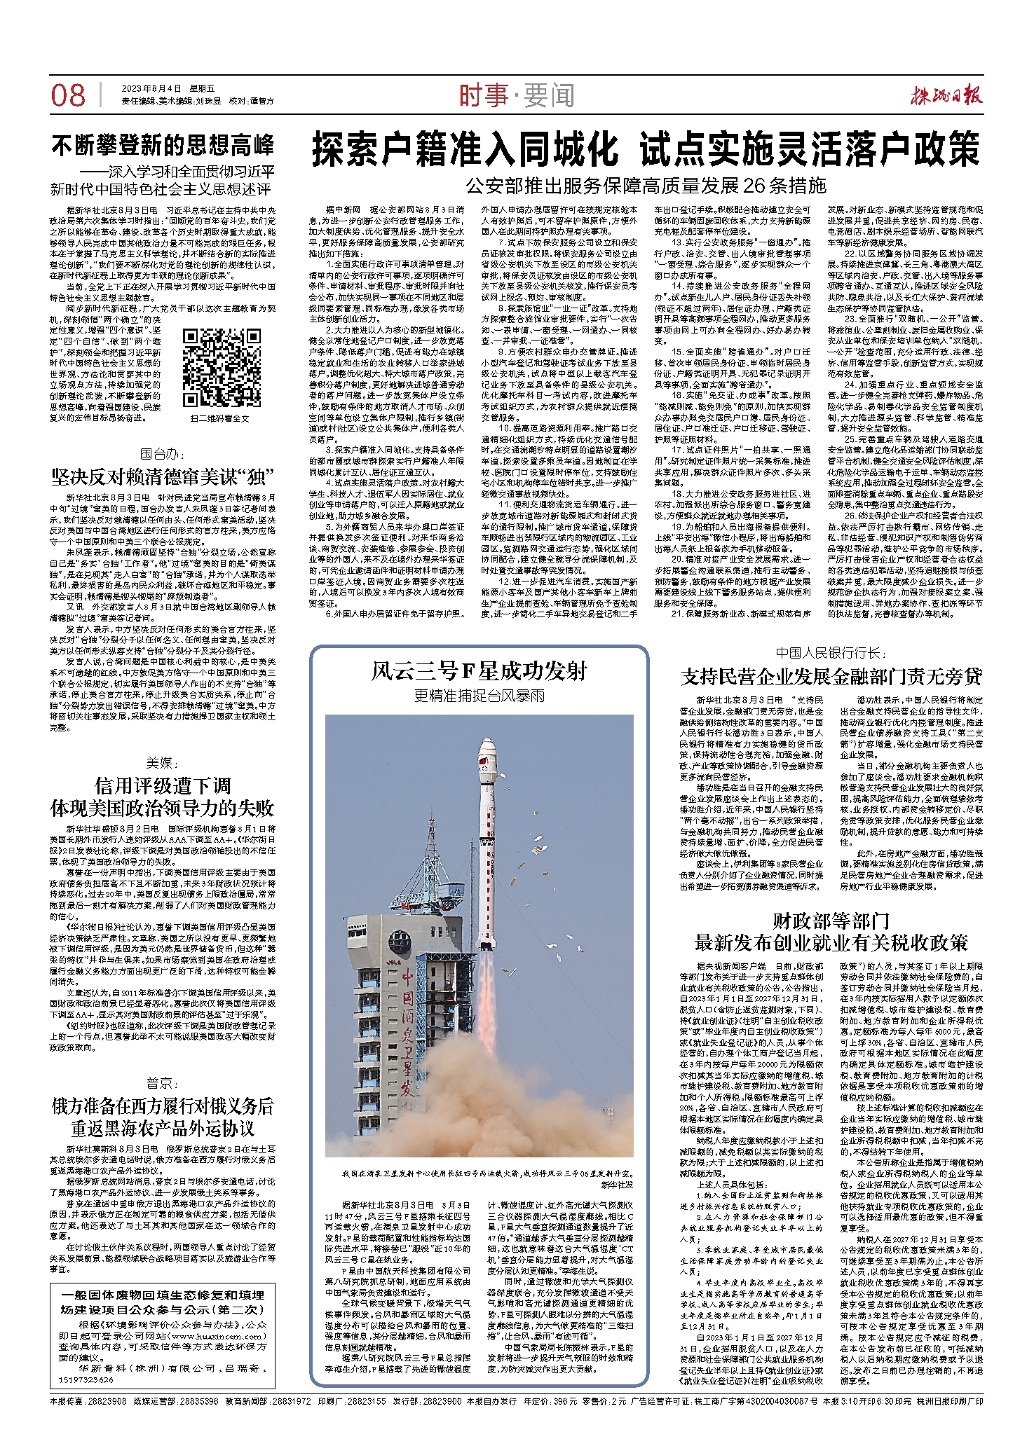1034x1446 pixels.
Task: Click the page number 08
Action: pyautogui.click(x=68, y=95)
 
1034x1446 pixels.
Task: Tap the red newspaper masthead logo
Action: pyautogui.click(x=946, y=95)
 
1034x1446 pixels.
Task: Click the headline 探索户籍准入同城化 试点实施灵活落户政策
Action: pyautogui.click(x=646, y=149)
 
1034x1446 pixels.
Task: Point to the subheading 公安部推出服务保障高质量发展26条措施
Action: pyautogui.click(x=646, y=186)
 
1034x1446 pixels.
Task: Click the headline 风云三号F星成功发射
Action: pyautogui.click(x=479, y=671)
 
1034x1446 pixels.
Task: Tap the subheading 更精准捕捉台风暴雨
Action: pyautogui.click(x=479, y=695)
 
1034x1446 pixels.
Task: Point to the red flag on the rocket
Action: pyautogui.click(x=481, y=762)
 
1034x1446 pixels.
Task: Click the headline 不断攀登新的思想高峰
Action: pyautogui.click(x=163, y=146)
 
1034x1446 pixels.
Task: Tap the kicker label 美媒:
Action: pyautogui.click(x=163, y=762)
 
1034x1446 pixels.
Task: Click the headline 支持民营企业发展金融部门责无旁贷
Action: pyautogui.click(x=831, y=676)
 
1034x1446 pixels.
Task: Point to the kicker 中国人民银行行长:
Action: pyautogui.click(x=831, y=653)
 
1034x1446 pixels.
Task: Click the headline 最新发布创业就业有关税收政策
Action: pyautogui.click(x=831, y=942)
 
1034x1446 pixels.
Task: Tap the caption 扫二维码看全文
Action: pyautogui.click(x=219, y=418)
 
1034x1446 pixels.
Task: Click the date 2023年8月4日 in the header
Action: pyautogui.click(x=151, y=88)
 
